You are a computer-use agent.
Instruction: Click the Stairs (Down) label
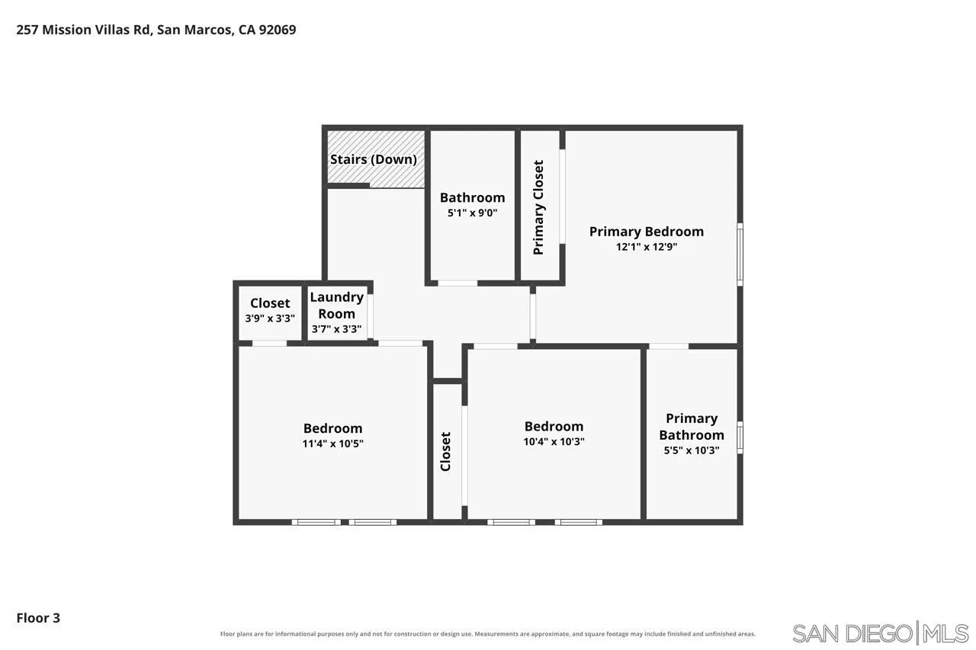click(x=374, y=159)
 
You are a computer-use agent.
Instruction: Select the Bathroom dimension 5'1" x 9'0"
click(x=472, y=213)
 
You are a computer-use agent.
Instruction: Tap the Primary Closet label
click(x=538, y=207)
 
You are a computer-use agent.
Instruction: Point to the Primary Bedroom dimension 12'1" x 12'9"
click(x=647, y=247)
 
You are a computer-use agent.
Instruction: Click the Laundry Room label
click(x=336, y=306)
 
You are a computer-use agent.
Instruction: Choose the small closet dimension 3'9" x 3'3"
click(x=270, y=319)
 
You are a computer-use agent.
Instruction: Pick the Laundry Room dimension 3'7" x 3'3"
click(x=336, y=329)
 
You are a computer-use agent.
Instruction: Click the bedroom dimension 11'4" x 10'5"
click(x=333, y=443)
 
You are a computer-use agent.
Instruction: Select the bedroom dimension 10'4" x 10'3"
click(x=554, y=441)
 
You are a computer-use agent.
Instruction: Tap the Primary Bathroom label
click(x=692, y=427)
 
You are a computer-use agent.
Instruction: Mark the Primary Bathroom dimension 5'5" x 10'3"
click(x=692, y=450)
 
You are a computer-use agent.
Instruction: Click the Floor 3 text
click(x=38, y=618)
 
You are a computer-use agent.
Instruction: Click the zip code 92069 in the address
click(x=278, y=30)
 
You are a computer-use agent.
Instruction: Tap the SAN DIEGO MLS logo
click(x=880, y=633)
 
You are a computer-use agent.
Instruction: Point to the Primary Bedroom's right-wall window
click(x=740, y=255)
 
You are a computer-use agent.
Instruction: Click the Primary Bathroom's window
click(x=740, y=437)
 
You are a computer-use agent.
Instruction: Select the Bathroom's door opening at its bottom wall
click(x=457, y=283)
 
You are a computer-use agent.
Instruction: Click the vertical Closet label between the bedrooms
click(x=445, y=451)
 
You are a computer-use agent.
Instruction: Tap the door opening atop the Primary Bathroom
click(x=669, y=347)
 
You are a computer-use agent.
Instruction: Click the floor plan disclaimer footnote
click(x=487, y=634)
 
